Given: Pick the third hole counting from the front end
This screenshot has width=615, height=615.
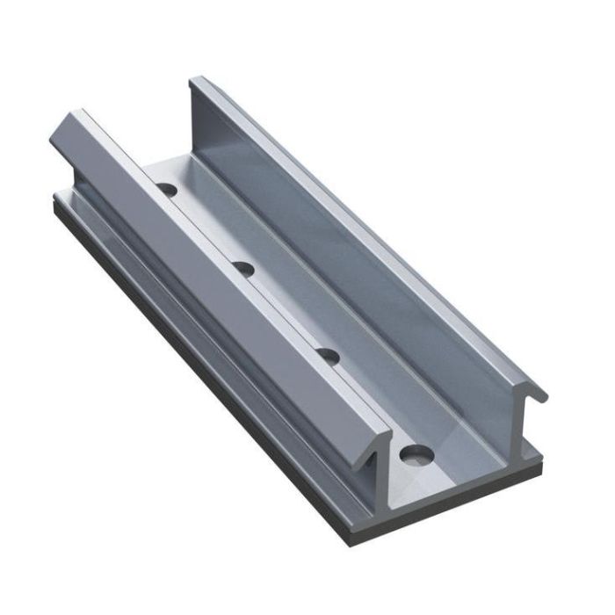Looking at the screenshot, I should pos(244,266).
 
